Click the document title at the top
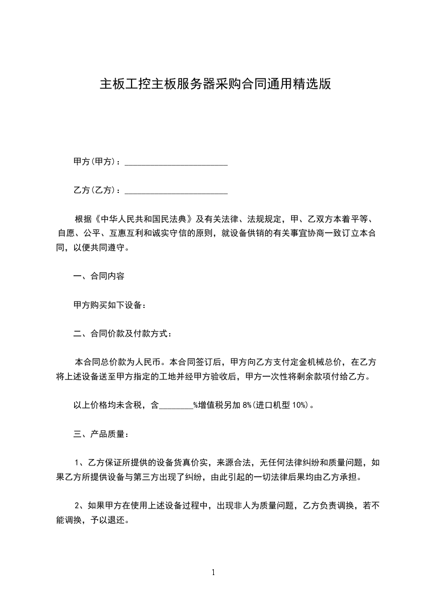pos(215,84)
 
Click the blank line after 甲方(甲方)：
pos(176,162)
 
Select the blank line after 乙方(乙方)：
pos(176,190)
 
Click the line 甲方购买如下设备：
pos(110,305)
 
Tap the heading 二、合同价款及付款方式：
pos(123,334)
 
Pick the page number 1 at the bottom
pos(213,572)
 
